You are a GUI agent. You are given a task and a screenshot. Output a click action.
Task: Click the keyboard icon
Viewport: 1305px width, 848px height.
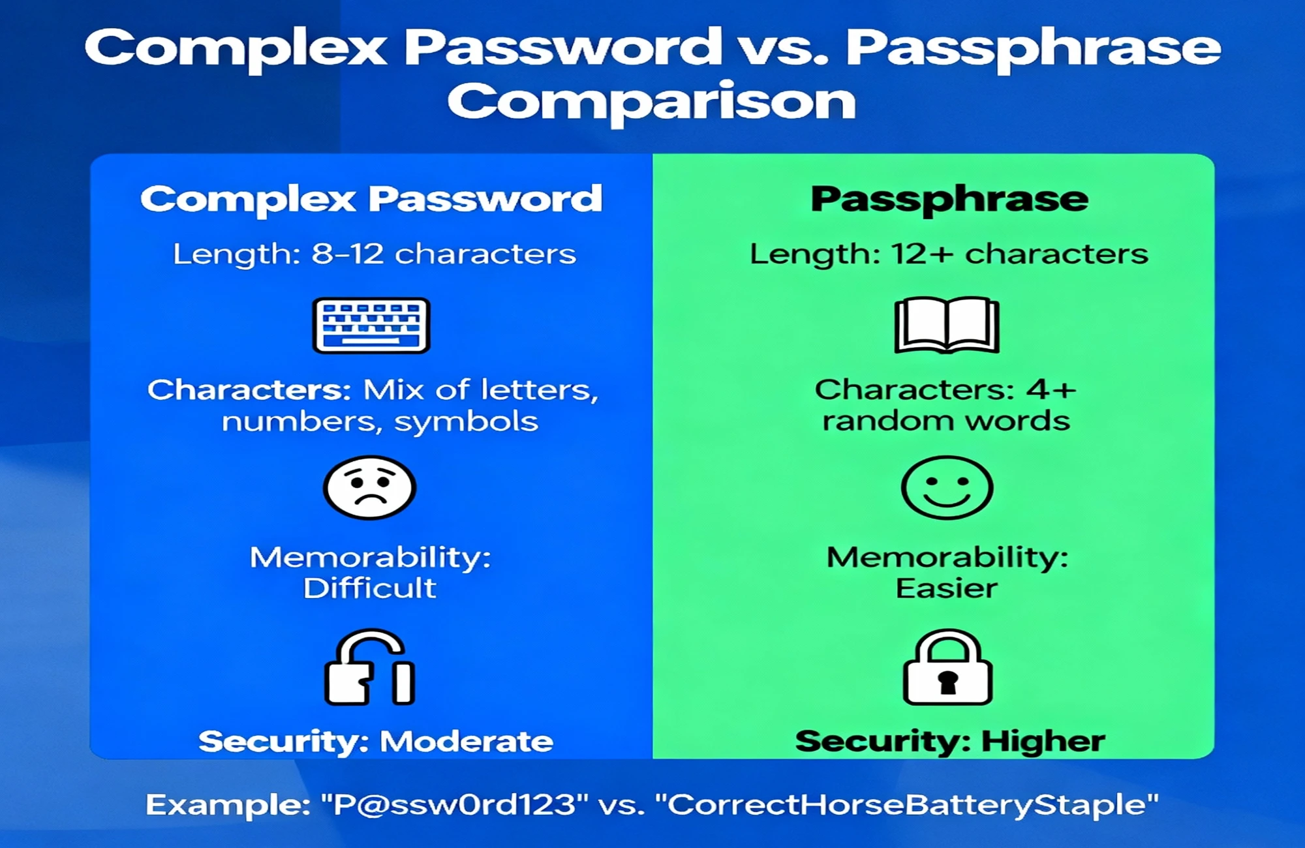[371, 326]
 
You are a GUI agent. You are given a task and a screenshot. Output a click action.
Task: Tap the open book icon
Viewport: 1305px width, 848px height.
[947, 325]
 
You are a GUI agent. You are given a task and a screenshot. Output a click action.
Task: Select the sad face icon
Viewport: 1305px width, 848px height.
[369, 488]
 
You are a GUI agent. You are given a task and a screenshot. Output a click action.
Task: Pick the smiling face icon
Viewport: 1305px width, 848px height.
[947, 488]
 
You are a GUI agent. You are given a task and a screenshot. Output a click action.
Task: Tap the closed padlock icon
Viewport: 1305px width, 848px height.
[947, 667]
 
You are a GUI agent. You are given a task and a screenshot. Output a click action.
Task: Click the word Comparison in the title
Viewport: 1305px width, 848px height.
[651, 103]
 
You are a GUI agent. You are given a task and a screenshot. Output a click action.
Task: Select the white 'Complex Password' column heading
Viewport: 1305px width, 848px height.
[371, 200]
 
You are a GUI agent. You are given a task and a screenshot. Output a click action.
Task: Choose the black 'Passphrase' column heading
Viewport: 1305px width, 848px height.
[949, 200]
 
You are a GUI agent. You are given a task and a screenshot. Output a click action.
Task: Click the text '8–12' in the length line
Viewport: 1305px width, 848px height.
[348, 254]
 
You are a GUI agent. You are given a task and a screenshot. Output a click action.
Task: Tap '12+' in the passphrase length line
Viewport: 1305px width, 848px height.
[923, 254]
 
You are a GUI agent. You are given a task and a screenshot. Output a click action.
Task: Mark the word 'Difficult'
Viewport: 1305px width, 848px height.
[369, 588]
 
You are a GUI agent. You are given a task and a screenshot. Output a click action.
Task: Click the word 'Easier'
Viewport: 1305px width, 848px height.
[947, 588]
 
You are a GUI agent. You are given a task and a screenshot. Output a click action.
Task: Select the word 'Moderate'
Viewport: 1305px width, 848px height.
[467, 742]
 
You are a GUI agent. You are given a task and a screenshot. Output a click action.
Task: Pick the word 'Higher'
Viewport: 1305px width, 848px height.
[1043, 742]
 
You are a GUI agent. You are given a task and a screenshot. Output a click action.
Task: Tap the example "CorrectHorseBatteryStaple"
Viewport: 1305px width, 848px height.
[907, 805]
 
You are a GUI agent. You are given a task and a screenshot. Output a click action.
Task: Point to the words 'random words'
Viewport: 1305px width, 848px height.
[946, 421]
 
